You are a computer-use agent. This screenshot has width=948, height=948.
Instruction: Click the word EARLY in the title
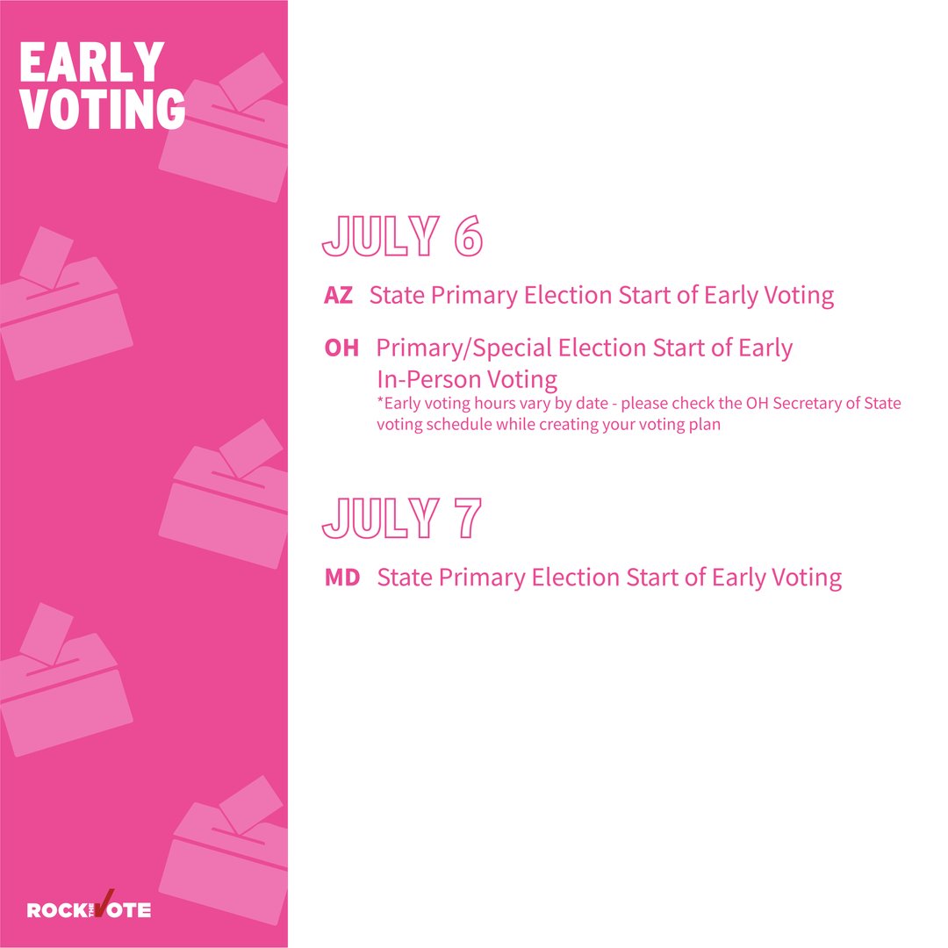click(x=91, y=63)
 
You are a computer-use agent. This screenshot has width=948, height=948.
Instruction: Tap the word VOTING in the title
click(x=102, y=108)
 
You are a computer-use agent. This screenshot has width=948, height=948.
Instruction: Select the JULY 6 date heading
click(x=402, y=235)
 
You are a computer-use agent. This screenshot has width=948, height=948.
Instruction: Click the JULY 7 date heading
click(x=401, y=518)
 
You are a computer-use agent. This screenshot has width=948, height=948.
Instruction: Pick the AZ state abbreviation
click(x=338, y=296)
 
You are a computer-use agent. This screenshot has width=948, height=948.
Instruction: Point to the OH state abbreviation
click(x=341, y=348)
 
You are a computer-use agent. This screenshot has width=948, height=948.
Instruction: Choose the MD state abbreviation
click(x=342, y=578)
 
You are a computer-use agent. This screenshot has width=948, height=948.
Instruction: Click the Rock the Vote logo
click(x=89, y=908)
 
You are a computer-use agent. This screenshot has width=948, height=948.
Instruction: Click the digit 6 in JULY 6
click(x=468, y=235)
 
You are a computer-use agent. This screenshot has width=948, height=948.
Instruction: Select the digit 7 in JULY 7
click(x=466, y=518)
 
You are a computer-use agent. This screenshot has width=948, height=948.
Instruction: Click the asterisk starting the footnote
click(x=380, y=403)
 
